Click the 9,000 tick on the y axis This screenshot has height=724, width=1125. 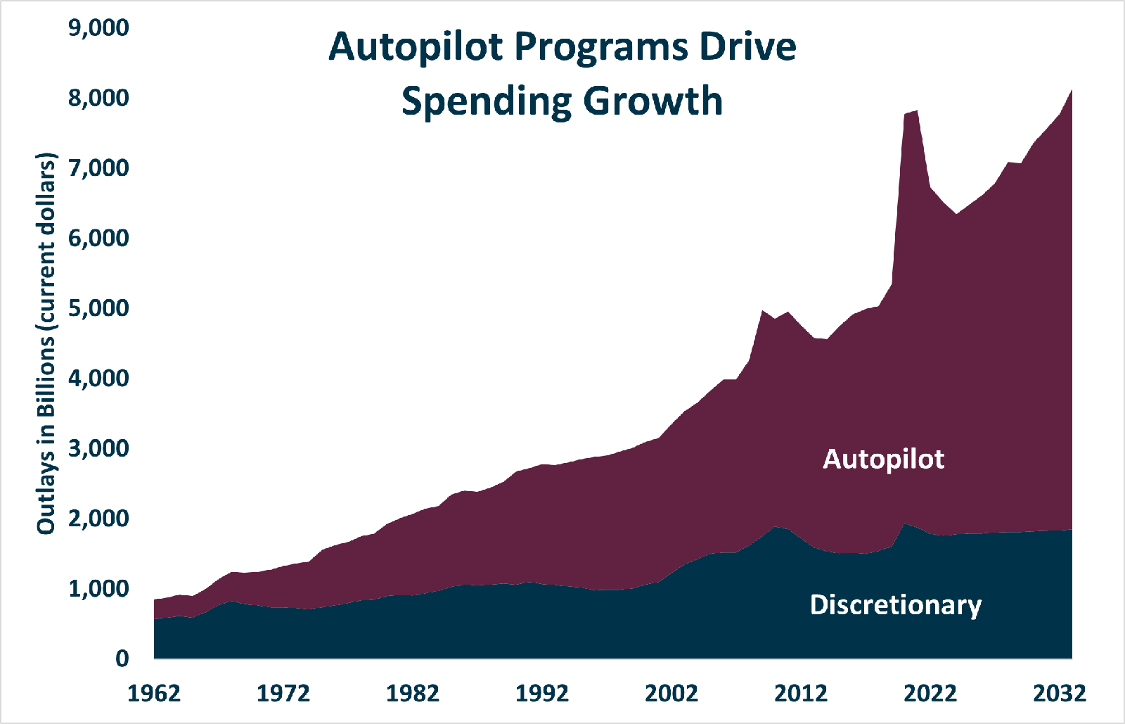pyautogui.click(x=98, y=28)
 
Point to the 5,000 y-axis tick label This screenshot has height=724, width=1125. pyautogui.click(x=98, y=308)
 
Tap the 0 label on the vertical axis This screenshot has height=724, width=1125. pyautogui.click(x=122, y=659)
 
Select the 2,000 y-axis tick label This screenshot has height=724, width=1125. pyautogui.click(x=98, y=519)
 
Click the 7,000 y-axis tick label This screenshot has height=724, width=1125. pyautogui.click(x=98, y=168)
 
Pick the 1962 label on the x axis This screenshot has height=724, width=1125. pyautogui.click(x=154, y=693)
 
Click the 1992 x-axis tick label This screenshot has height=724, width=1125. pyautogui.click(x=542, y=693)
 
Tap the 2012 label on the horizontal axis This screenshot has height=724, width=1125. pyautogui.click(x=801, y=693)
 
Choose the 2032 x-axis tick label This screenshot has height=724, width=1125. pyautogui.click(x=1060, y=693)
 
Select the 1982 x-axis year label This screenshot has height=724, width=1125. pyautogui.click(x=413, y=693)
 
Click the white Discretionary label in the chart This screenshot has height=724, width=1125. pyautogui.click(x=896, y=605)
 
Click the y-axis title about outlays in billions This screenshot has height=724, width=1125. pyautogui.click(x=46, y=343)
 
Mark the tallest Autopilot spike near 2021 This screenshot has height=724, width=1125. pyautogui.click(x=917, y=110)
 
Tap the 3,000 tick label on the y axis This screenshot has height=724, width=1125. pyautogui.click(x=98, y=449)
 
